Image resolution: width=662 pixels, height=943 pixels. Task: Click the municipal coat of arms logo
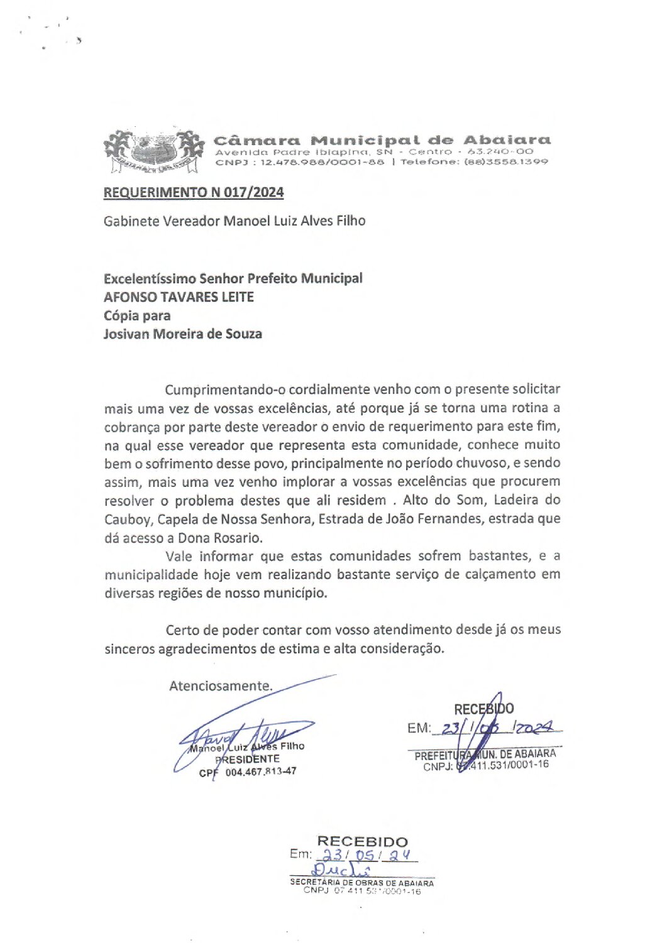point(154,151)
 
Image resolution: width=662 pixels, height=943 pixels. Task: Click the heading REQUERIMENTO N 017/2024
point(194,192)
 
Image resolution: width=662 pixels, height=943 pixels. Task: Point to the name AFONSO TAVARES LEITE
point(179,297)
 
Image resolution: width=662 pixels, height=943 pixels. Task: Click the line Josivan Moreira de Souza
point(182,334)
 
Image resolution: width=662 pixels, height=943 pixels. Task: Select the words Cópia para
point(137,315)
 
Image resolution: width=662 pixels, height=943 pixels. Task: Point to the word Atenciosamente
point(221,685)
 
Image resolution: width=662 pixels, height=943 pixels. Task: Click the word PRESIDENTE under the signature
point(248,759)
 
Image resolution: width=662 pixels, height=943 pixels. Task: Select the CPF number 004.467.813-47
point(260,771)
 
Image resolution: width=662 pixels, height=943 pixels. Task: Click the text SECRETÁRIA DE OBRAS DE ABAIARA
point(361,883)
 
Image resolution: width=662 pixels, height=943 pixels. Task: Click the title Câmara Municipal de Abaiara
point(382,140)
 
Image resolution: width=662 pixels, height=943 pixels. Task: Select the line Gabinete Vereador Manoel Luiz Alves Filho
point(234,221)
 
